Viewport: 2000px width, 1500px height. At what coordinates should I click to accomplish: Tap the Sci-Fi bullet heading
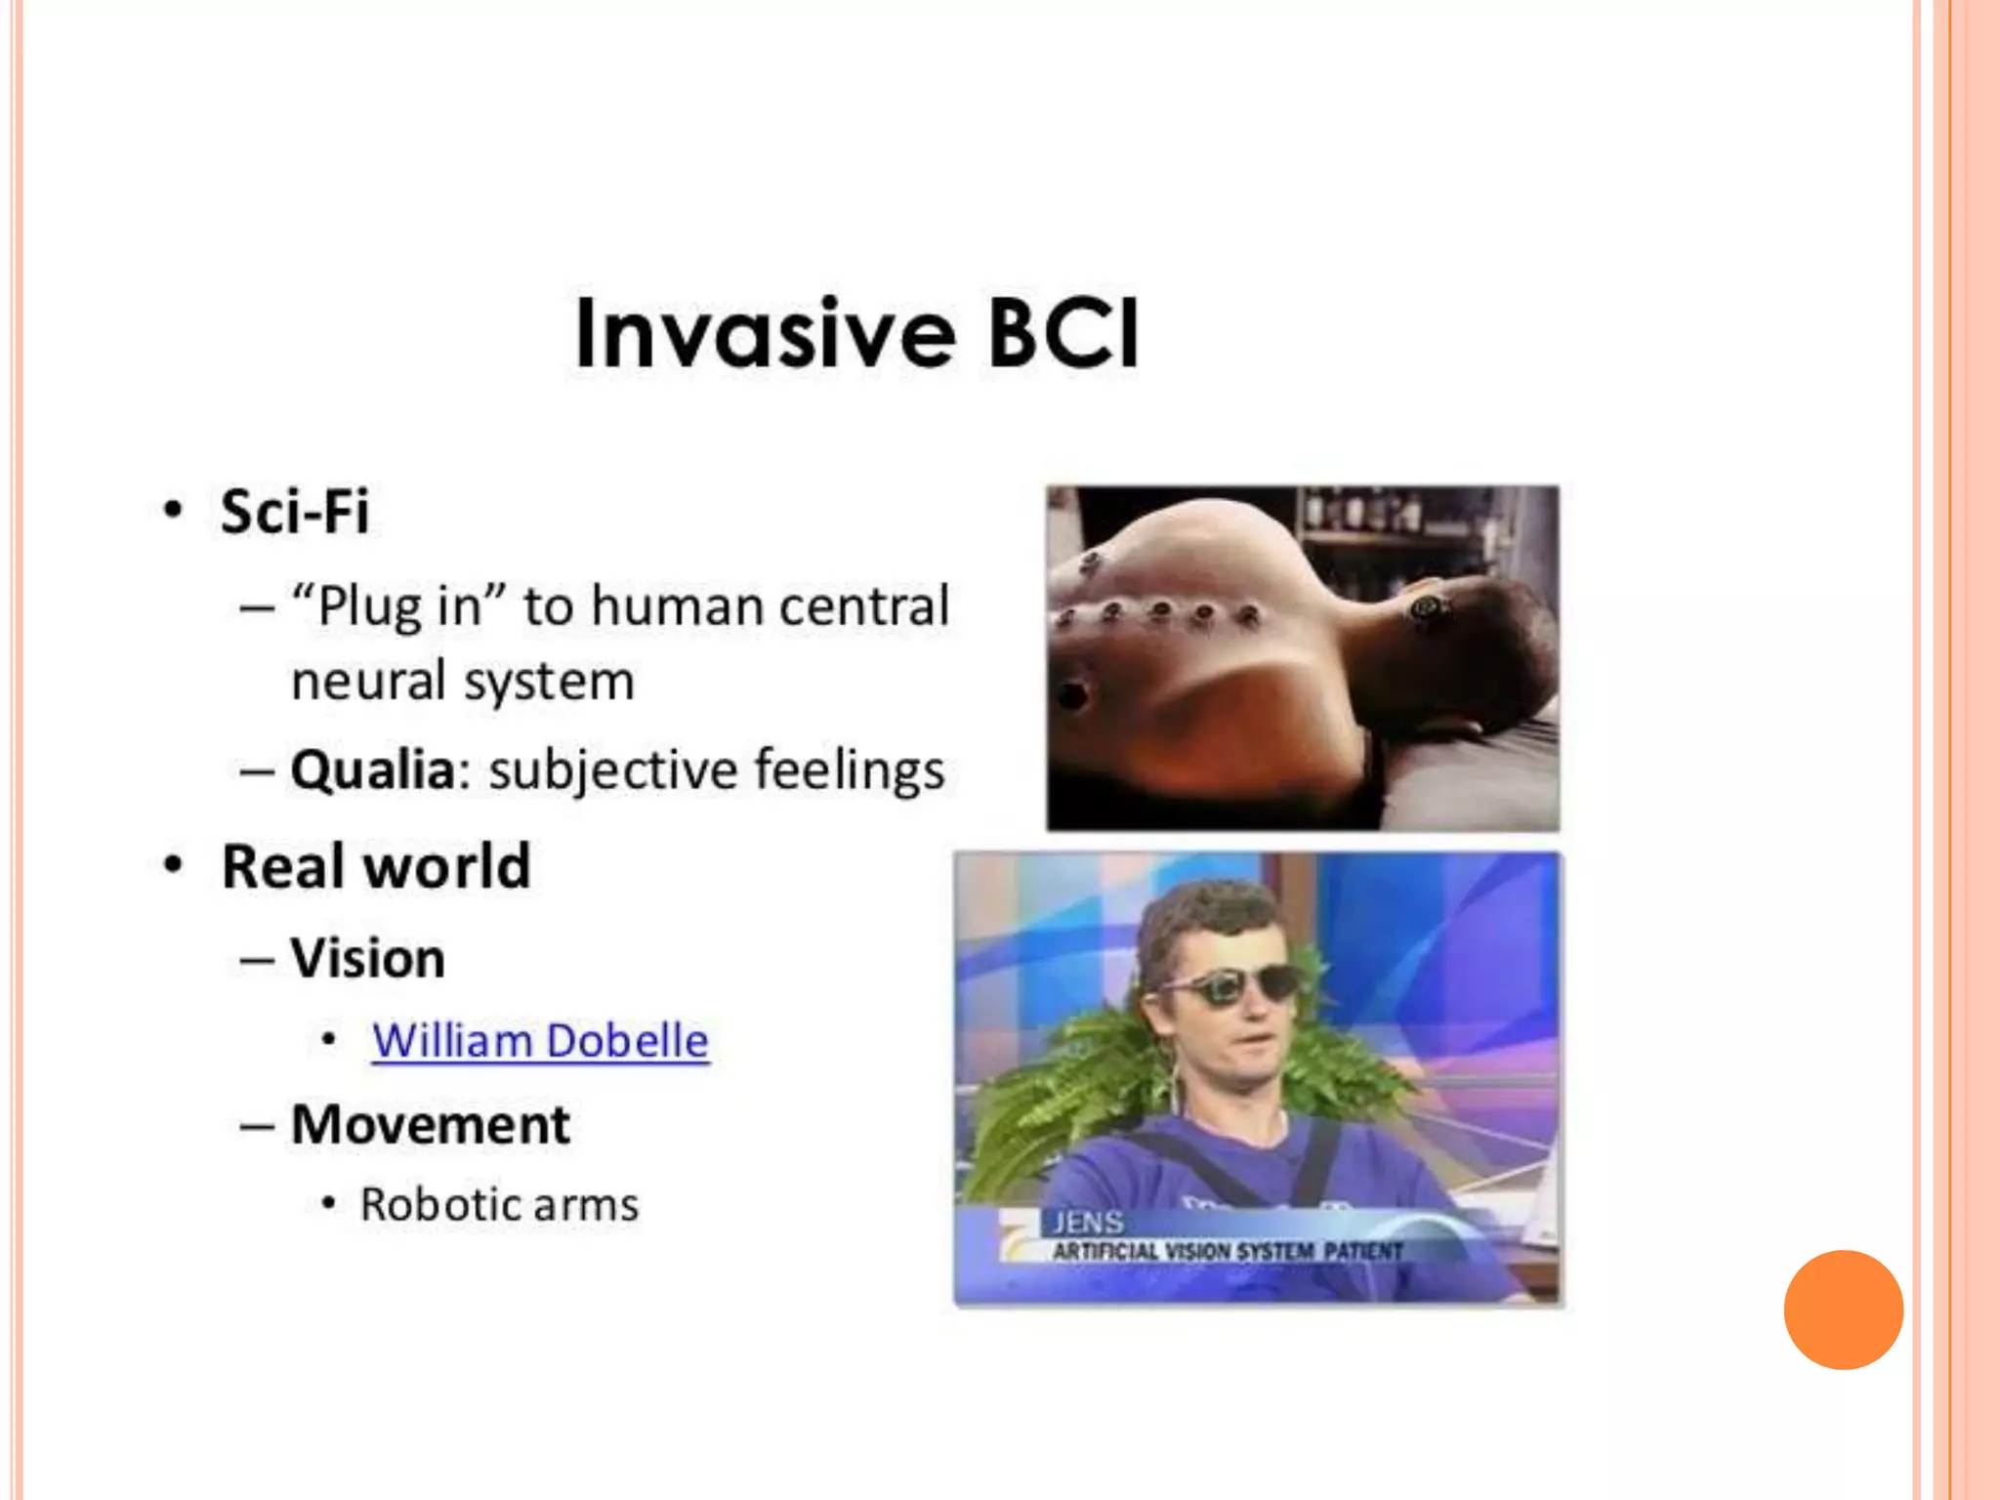pyautogui.click(x=295, y=512)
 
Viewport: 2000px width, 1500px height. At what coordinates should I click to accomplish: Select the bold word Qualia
pyautogui.click(x=373, y=770)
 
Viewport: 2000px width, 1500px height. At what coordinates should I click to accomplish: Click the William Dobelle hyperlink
pyautogui.click(x=540, y=1041)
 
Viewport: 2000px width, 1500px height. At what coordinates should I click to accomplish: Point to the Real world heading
pyautogui.click(x=376, y=866)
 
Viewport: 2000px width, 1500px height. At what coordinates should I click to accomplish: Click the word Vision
pyautogui.click(x=368, y=958)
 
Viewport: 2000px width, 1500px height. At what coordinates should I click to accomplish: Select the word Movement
pyautogui.click(x=431, y=1125)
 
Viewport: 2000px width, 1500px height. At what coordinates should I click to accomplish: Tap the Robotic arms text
pyautogui.click(x=499, y=1205)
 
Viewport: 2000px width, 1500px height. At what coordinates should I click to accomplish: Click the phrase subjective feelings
pyautogui.click(x=716, y=770)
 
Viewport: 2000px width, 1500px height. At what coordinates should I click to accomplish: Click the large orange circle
pyautogui.click(x=1843, y=1310)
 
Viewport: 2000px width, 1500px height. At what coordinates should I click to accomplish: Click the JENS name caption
pyautogui.click(x=1087, y=1223)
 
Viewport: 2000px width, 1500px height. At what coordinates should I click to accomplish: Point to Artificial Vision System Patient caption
pyautogui.click(x=1227, y=1252)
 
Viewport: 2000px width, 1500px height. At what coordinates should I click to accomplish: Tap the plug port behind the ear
pyautogui.click(x=1429, y=609)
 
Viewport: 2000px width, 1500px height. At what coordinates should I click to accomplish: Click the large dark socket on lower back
pyautogui.click(x=1072, y=695)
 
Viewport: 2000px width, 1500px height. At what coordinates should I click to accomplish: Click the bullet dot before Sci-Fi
pyautogui.click(x=173, y=510)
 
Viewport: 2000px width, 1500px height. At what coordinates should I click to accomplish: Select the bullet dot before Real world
pyautogui.click(x=173, y=865)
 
